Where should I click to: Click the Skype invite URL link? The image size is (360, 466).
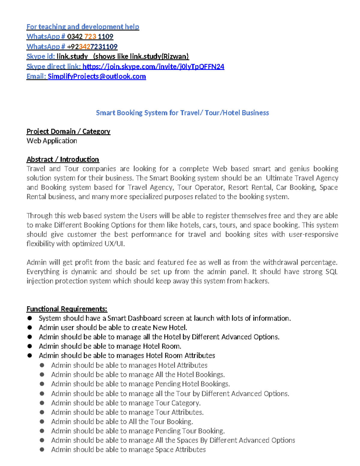point(153,67)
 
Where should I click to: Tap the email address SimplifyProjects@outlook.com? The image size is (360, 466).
point(97,77)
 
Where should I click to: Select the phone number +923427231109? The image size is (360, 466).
point(92,47)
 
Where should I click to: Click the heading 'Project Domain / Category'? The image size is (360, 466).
point(68,131)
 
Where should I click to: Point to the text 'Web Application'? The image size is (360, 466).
point(52,141)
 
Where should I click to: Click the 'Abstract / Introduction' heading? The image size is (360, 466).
point(63,159)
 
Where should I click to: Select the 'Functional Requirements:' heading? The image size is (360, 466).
point(67,309)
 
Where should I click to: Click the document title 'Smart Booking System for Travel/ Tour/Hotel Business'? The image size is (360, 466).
point(182,113)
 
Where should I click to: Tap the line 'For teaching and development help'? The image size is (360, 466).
point(83,27)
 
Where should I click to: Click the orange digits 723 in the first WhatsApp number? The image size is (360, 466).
point(90,37)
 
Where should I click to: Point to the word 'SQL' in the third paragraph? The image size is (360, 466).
point(331,272)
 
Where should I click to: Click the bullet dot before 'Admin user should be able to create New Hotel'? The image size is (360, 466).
point(29,328)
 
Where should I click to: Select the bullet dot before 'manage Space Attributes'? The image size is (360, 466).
point(42,449)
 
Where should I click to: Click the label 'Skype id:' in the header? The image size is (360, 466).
point(40,57)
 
